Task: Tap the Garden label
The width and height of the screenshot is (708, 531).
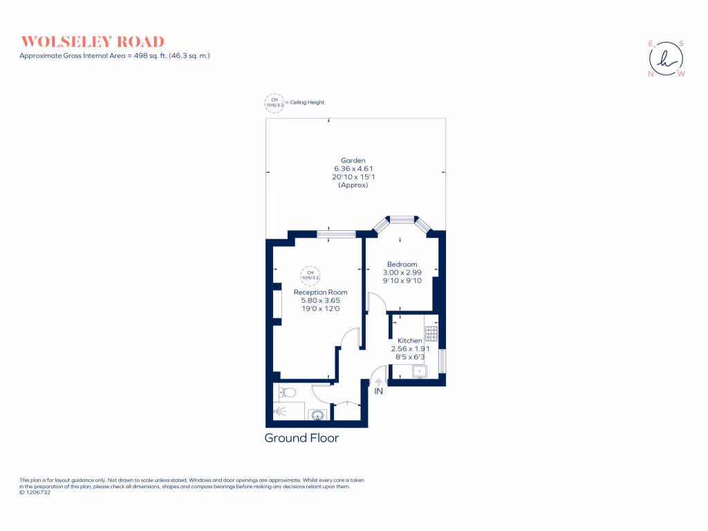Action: [x=353, y=160]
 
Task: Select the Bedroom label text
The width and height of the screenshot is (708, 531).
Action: [x=402, y=264]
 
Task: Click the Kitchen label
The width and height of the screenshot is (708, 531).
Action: [x=410, y=341]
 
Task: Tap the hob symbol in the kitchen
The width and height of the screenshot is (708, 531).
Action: [x=431, y=334]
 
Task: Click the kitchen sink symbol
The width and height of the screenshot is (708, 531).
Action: [x=420, y=372]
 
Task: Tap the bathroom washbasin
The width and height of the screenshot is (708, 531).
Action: [x=317, y=416]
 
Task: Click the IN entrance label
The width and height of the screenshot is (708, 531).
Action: [x=378, y=392]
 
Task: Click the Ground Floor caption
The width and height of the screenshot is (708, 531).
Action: [x=301, y=438]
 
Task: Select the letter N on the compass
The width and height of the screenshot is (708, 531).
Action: [x=650, y=74]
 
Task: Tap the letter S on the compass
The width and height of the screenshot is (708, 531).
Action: [x=680, y=43]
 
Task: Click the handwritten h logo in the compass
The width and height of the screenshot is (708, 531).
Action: [x=666, y=58]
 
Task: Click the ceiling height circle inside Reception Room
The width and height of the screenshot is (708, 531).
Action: [x=310, y=275]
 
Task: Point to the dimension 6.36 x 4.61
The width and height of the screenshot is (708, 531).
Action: [x=353, y=169]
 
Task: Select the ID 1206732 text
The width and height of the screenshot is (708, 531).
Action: [x=35, y=492]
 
